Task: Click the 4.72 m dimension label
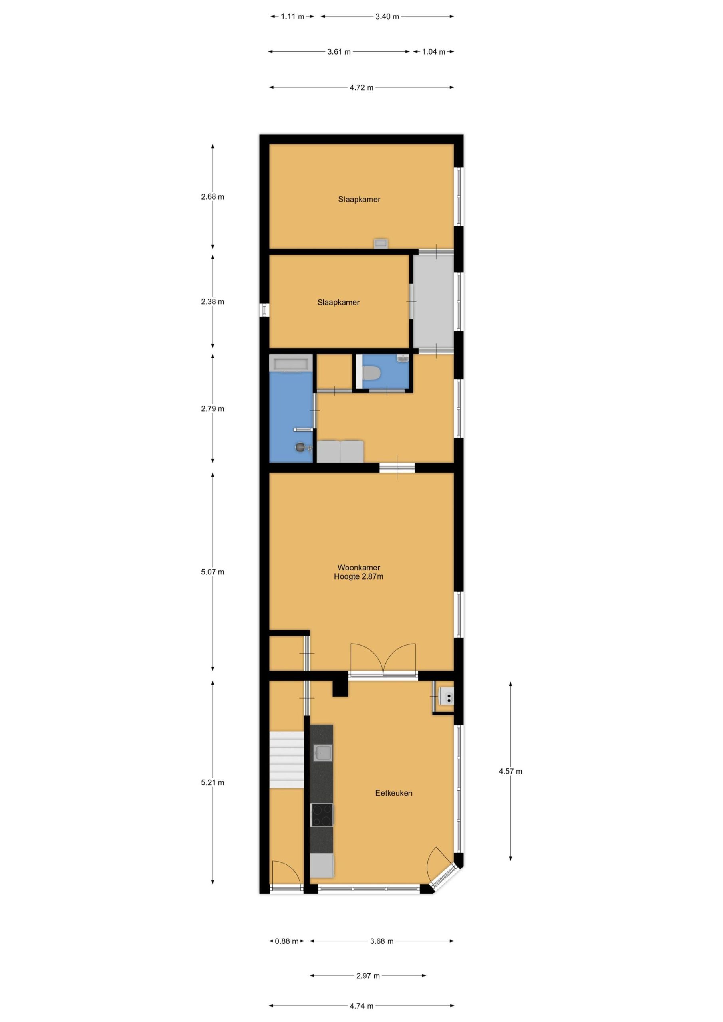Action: (x=361, y=88)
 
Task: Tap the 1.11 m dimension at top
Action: (x=292, y=16)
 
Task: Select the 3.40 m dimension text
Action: (x=387, y=16)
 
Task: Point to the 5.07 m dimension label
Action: (x=213, y=572)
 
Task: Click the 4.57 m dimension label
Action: (x=510, y=771)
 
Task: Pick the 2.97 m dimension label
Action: (x=368, y=976)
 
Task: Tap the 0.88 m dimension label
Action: (x=287, y=941)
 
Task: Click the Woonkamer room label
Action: (x=359, y=568)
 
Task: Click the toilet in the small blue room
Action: (x=371, y=373)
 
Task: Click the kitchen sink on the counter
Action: (x=322, y=753)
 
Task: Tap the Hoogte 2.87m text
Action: (x=359, y=577)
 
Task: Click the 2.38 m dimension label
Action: (x=213, y=302)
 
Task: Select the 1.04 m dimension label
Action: (x=433, y=52)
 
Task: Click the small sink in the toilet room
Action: (x=403, y=358)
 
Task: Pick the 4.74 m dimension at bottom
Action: (x=361, y=1006)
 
